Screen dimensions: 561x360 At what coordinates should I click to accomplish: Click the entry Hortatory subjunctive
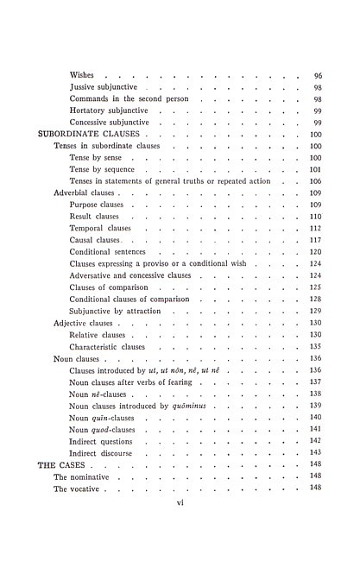pos(110,111)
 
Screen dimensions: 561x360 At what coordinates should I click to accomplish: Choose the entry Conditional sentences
pos(109,251)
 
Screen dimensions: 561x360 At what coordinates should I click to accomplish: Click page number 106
pos(316,181)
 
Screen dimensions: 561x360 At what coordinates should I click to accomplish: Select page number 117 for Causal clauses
pos(316,240)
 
